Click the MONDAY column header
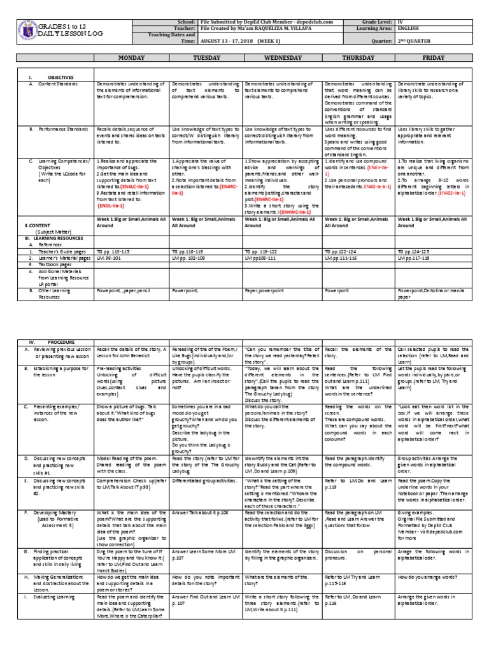132,57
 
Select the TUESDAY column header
205,57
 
